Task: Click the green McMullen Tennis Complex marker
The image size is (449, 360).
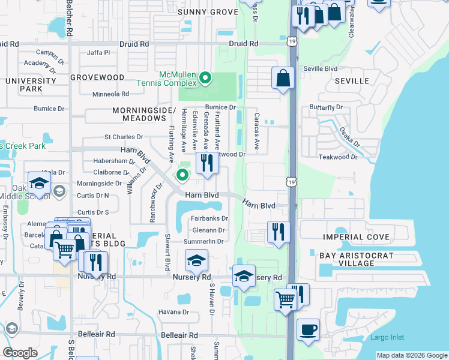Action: click(205, 77)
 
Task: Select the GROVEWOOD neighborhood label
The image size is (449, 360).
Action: click(97, 77)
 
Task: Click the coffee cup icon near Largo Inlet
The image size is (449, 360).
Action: click(308, 330)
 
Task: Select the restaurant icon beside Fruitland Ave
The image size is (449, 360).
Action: click(207, 163)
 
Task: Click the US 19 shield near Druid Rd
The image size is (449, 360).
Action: click(292, 41)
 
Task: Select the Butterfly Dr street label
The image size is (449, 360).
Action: click(325, 107)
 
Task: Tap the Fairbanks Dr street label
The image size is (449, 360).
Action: click(210, 218)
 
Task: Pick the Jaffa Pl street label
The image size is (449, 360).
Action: click(98, 53)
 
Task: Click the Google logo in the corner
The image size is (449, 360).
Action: click(20, 353)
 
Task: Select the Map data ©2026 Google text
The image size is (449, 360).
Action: click(411, 355)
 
